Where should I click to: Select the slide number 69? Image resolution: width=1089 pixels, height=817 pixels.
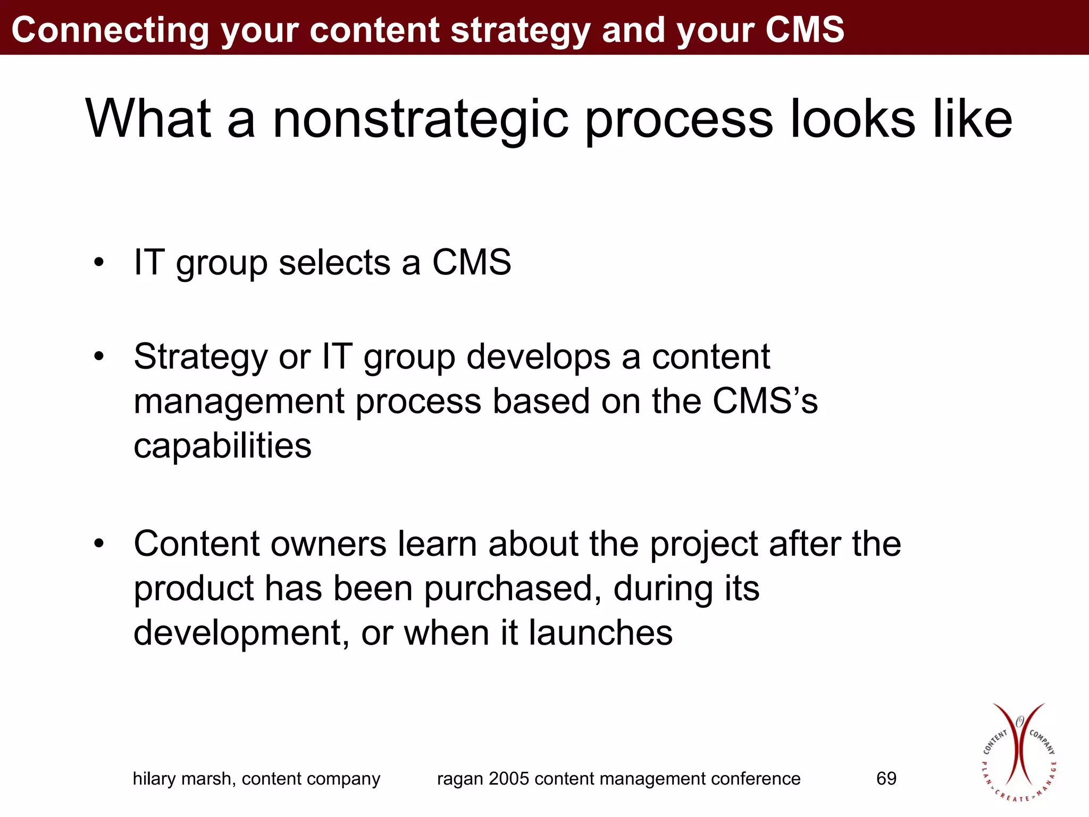[886, 779]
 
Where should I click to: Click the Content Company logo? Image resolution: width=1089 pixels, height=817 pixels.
[1018, 752]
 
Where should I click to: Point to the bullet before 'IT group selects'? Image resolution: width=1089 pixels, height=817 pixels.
[98, 263]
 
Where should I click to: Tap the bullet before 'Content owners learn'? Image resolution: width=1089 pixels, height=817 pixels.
[98, 545]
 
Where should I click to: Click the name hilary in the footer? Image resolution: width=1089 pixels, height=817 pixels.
[154, 779]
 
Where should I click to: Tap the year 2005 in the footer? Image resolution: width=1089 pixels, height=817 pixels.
[509, 779]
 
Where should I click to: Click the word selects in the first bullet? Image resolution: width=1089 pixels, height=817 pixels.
[334, 263]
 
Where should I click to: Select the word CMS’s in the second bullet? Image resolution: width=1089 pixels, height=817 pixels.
[765, 401]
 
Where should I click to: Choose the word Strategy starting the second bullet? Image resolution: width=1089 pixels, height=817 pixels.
[200, 357]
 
